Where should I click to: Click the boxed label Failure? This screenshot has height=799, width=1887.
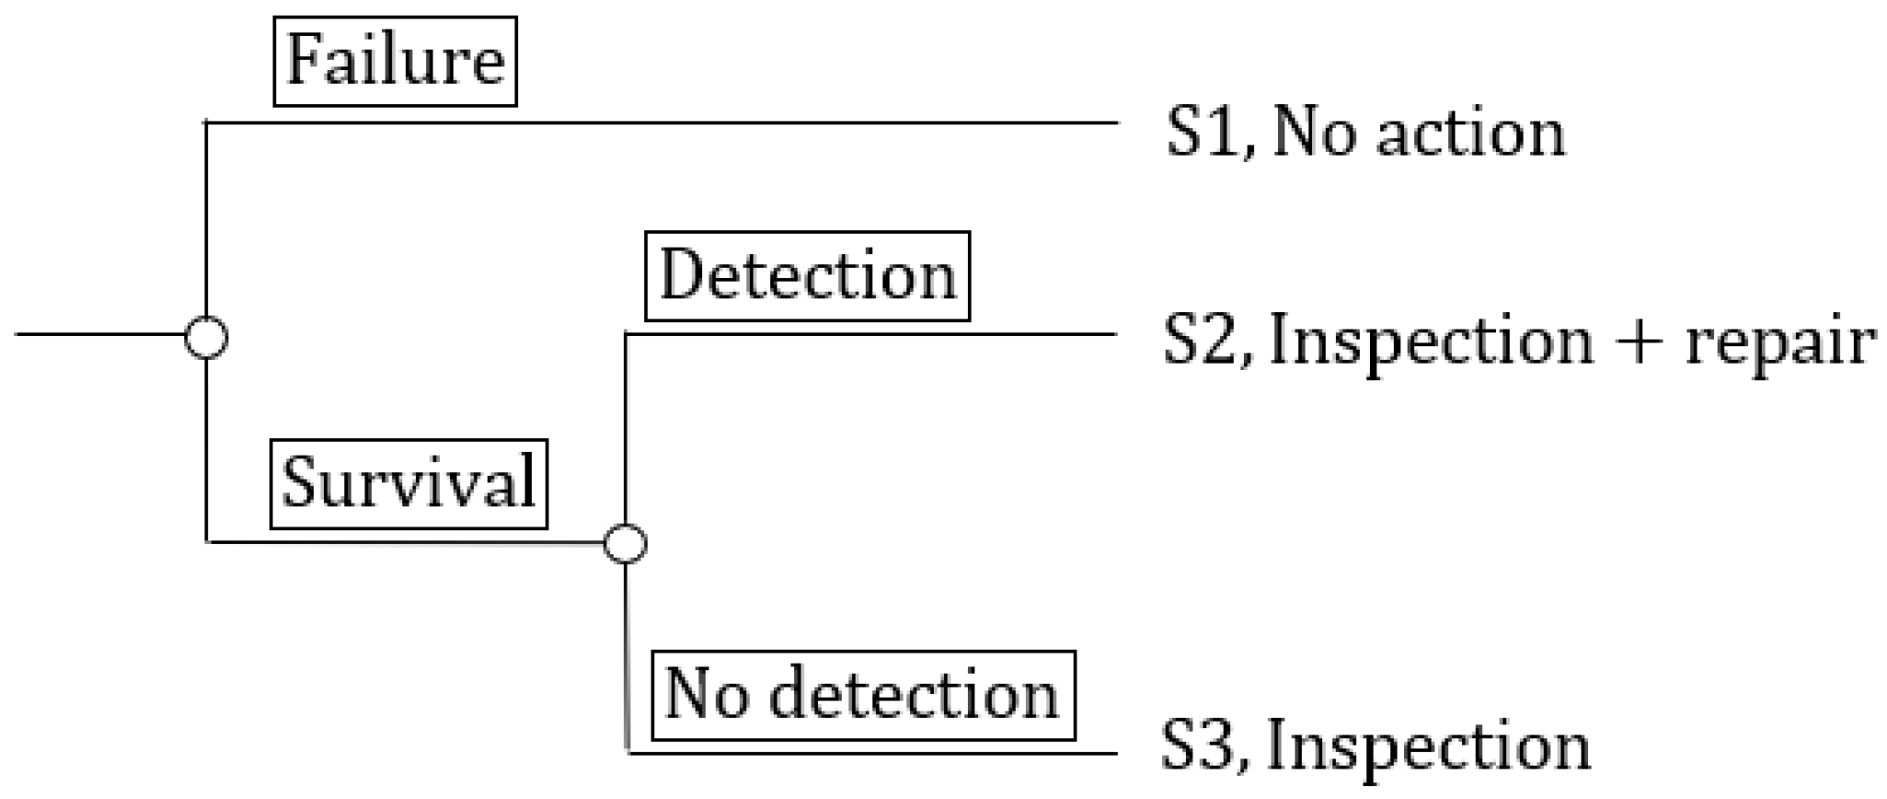click(396, 61)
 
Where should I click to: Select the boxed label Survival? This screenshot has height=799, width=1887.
click(408, 484)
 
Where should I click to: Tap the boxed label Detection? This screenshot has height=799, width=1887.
click(807, 275)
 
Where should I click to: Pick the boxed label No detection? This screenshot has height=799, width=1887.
click(862, 695)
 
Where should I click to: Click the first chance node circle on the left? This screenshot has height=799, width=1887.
click(206, 337)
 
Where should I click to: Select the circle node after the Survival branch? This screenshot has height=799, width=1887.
click(625, 543)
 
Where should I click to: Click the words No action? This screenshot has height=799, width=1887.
click(1418, 133)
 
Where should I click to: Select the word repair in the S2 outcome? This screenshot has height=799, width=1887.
click(1779, 342)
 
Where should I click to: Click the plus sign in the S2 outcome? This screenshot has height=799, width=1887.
click(1639, 342)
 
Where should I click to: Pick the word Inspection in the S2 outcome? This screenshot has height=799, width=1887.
click(1431, 342)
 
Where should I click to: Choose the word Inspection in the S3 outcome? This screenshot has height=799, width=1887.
click(1428, 746)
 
